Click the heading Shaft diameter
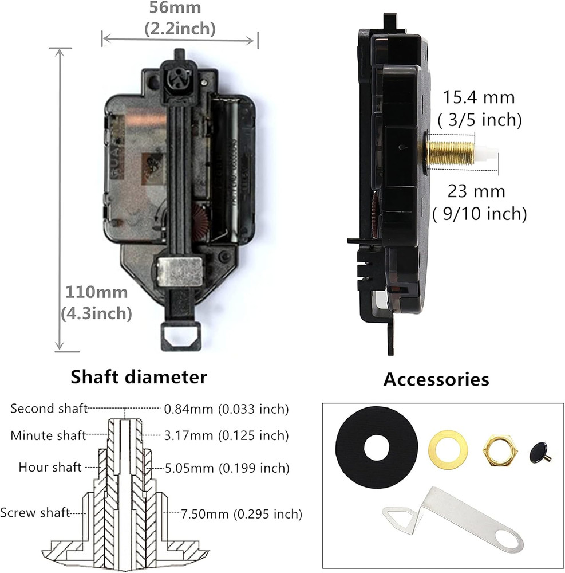pos(138,377)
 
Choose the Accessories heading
pos(436,379)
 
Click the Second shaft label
pos(49,409)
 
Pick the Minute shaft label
pos(48,435)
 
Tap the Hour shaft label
pos(50,467)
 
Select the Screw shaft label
pos(35,512)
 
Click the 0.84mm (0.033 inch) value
pos(226,409)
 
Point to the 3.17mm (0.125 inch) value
pos(226,435)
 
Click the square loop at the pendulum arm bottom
pos(180,333)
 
